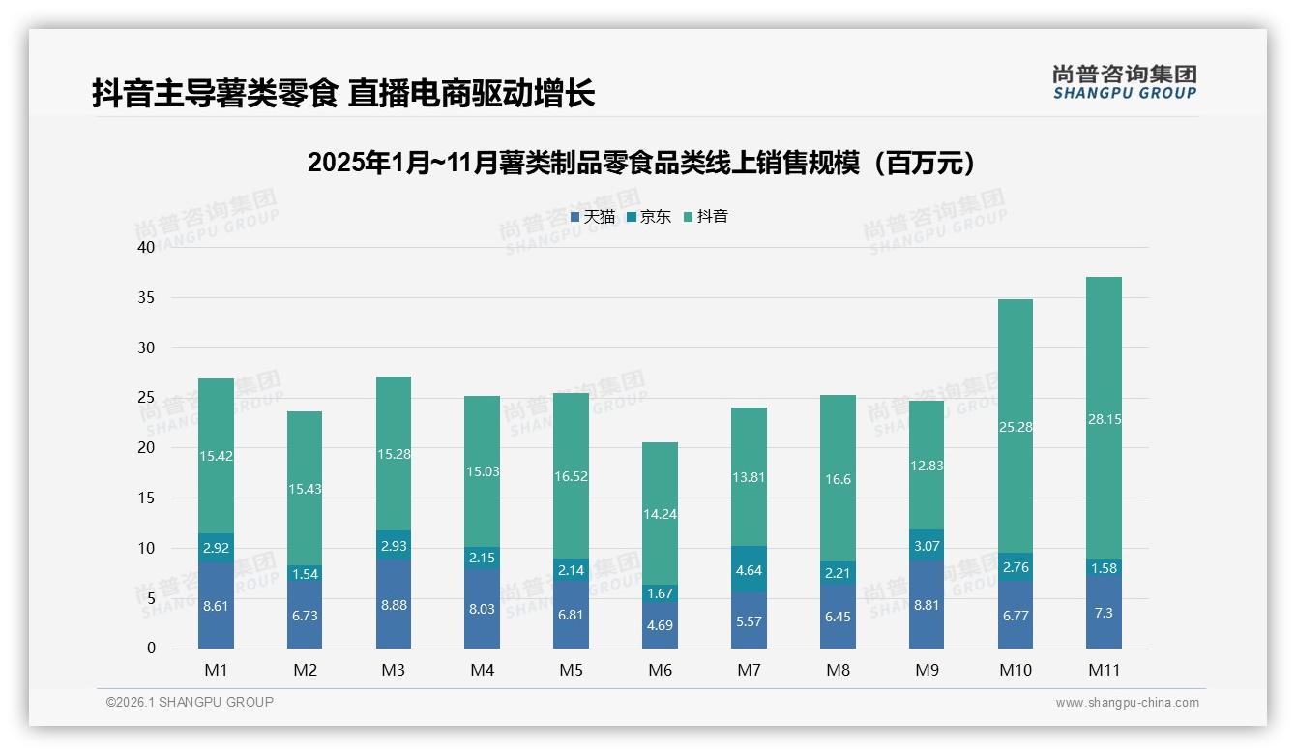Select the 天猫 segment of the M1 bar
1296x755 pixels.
[x=216, y=606]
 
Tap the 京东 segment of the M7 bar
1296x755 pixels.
[x=749, y=569]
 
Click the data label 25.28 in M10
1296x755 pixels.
[x=1015, y=427]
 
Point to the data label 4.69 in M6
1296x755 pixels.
[x=660, y=625]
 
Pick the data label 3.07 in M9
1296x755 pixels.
[x=927, y=546]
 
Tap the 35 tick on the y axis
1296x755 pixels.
[x=146, y=297]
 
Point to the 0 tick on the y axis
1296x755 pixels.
[x=151, y=649]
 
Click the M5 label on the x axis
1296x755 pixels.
[x=571, y=670]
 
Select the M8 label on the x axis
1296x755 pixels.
[x=838, y=670]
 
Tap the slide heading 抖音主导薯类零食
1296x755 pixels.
[x=343, y=94]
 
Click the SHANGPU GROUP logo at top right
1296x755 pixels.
[x=1124, y=82]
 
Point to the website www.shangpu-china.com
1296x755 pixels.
[x=1127, y=703]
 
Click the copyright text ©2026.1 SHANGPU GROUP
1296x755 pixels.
[x=190, y=702]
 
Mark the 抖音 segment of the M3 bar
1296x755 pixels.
[x=393, y=453]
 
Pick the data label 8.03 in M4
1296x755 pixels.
[x=482, y=609]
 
